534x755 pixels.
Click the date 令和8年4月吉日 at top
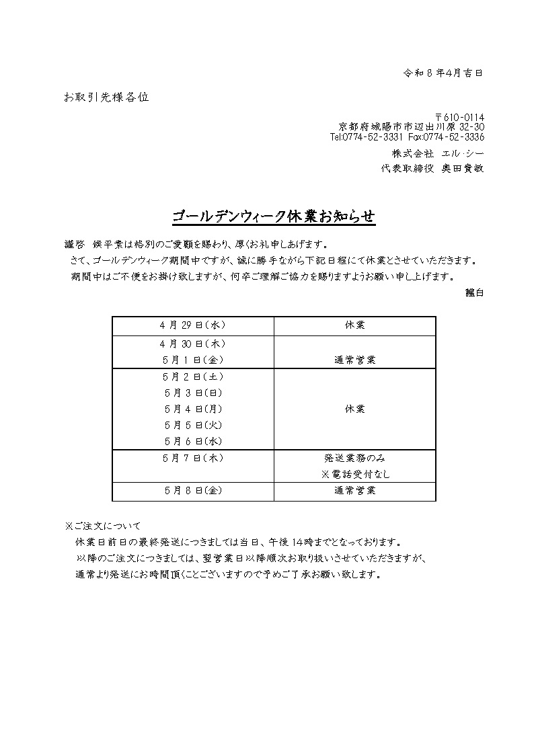click(x=443, y=73)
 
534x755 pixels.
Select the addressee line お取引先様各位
click(x=106, y=97)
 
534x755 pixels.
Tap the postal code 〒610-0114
click(x=459, y=117)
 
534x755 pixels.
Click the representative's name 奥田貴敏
click(x=463, y=169)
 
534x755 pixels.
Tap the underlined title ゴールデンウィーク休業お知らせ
click(x=273, y=217)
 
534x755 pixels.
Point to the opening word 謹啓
click(x=73, y=245)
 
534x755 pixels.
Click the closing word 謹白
click(x=474, y=292)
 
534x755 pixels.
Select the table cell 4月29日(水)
click(x=192, y=325)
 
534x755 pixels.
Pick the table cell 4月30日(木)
click(x=192, y=343)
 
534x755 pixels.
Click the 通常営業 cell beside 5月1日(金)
click(x=354, y=360)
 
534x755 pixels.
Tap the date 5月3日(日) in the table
click(x=192, y=393)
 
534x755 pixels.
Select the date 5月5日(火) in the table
click(x=192, y=425)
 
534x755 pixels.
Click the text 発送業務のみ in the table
click(x=354, y=458)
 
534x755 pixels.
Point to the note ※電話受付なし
click(x=354, y=474)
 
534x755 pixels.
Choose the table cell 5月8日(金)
click(x=192, y=491)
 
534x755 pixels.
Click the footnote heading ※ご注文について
click(x=102, y=526)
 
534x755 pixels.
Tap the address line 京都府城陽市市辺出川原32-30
click(x=412, y=127)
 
